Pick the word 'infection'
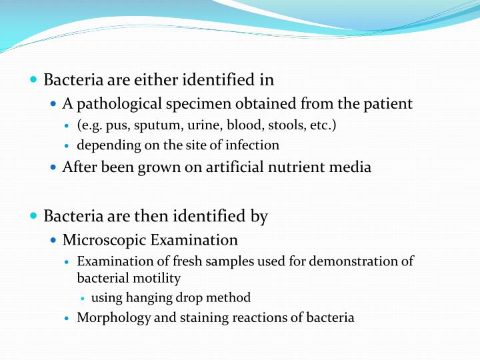(x=255, y=145)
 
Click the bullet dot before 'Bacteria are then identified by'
(x=34, y=216)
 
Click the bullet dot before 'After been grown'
(x=54, y=167)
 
